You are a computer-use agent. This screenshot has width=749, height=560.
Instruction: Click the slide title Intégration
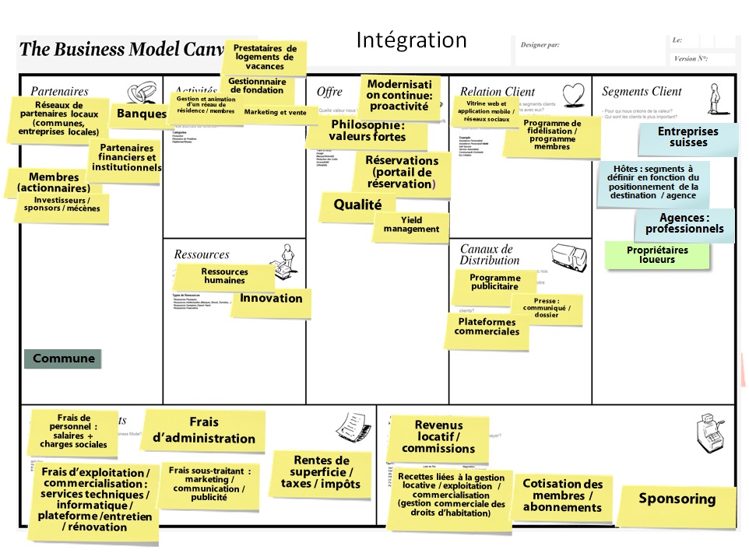[x=411, y=40]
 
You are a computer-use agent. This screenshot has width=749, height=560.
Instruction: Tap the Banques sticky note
[x=141, y=114]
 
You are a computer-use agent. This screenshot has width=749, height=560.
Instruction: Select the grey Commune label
[x=63, y=359]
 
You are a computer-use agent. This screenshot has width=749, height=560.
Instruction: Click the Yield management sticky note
[x=411, y=226]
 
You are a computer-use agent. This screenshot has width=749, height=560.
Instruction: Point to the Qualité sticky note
[x=357, y=205]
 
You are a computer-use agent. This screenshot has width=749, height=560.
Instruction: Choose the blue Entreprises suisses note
[x=688, y=138]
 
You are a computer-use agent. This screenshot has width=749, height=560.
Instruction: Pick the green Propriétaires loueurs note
[x=657, y=255]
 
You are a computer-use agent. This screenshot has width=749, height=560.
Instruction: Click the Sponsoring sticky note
[x=677, y=499]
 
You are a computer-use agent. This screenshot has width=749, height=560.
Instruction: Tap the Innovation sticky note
[x=271, y=299]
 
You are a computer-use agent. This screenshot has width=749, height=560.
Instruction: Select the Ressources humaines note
[x=224, y=276]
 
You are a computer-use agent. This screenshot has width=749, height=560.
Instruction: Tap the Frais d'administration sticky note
[x=203, y=431]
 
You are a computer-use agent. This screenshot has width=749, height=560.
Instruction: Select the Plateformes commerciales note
[x=487, y=327]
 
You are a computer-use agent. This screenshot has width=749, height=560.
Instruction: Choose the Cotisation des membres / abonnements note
[x=562, y=495]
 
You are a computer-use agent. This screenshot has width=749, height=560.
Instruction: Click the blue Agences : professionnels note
[x=684, y=224]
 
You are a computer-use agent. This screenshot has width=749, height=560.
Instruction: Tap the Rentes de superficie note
[x=320, y=472]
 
